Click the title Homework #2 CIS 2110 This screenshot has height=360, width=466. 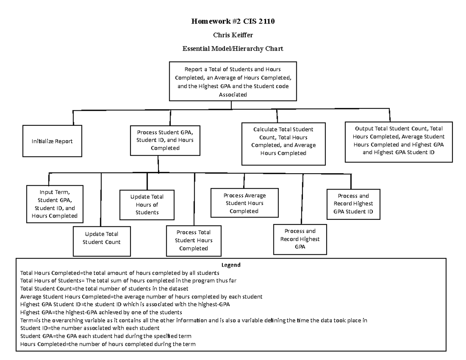coord(233,21)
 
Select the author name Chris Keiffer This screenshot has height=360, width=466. coord(233,35)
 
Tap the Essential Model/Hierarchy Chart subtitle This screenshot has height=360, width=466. coord(233,49)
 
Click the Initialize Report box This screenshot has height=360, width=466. coord(52,141)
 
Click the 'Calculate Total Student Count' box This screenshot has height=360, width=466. coord(283,141)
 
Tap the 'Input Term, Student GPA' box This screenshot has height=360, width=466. coord(54,204)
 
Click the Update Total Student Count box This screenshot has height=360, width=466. coord(101,238)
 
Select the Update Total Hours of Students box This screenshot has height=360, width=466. coord(147,204)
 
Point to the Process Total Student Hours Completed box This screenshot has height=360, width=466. coord(193,240)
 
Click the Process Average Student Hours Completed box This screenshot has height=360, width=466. coord(244,203)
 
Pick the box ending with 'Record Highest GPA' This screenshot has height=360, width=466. coord(300,239)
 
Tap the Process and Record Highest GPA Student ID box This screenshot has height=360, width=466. coord(353,204)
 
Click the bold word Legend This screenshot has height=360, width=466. coord(231,265)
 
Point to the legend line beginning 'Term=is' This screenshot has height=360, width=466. coord(193,320)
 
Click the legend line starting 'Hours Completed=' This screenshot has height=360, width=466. coord(108,344)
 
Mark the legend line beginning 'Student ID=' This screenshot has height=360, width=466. coord(90,328)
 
